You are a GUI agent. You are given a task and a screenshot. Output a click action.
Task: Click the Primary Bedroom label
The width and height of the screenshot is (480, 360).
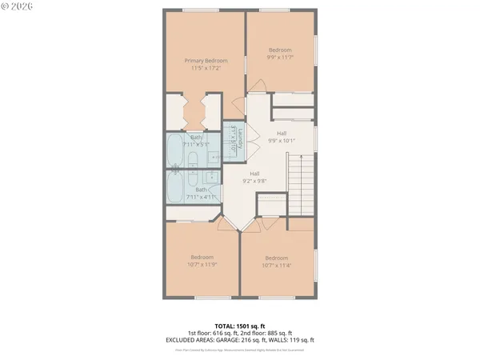[x=206, y=61]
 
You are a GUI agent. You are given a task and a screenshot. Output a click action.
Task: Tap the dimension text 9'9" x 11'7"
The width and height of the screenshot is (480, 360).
[x=279, y=57]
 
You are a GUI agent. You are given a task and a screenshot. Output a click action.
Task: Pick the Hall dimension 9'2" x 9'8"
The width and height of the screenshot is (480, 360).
[x=254, y=181]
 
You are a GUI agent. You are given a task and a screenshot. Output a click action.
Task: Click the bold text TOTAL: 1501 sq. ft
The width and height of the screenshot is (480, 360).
[x=239, y=326]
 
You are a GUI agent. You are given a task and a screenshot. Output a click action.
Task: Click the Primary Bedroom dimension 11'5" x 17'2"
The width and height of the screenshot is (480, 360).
[x=206, y=68]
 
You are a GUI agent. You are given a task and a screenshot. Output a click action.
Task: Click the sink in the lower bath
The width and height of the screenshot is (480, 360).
[x=212, y=178]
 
